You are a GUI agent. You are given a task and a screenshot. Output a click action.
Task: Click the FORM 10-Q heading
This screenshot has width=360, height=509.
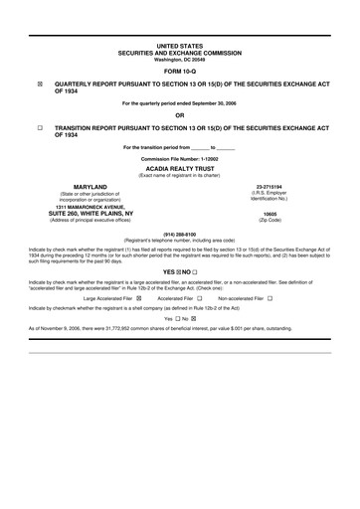pos(179,73)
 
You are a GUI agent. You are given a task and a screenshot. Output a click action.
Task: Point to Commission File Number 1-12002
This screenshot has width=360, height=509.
pos(179,158)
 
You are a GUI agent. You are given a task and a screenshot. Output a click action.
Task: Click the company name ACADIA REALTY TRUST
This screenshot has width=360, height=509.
pos(179,169)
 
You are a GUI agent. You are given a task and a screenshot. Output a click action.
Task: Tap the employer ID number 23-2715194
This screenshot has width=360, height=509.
pos(270,186)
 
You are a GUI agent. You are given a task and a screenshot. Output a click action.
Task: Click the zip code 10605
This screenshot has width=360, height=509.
pos(270,213)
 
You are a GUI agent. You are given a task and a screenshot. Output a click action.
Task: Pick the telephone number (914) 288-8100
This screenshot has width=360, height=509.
pos(179,235)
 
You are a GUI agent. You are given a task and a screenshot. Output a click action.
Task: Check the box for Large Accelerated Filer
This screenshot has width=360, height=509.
pos(139,297)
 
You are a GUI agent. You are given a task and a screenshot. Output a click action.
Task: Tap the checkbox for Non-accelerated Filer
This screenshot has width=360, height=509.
pos(270,297)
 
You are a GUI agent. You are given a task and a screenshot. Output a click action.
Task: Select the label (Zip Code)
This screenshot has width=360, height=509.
pos(270,220)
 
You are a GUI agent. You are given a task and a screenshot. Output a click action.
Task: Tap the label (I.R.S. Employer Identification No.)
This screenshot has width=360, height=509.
pos(270,196)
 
